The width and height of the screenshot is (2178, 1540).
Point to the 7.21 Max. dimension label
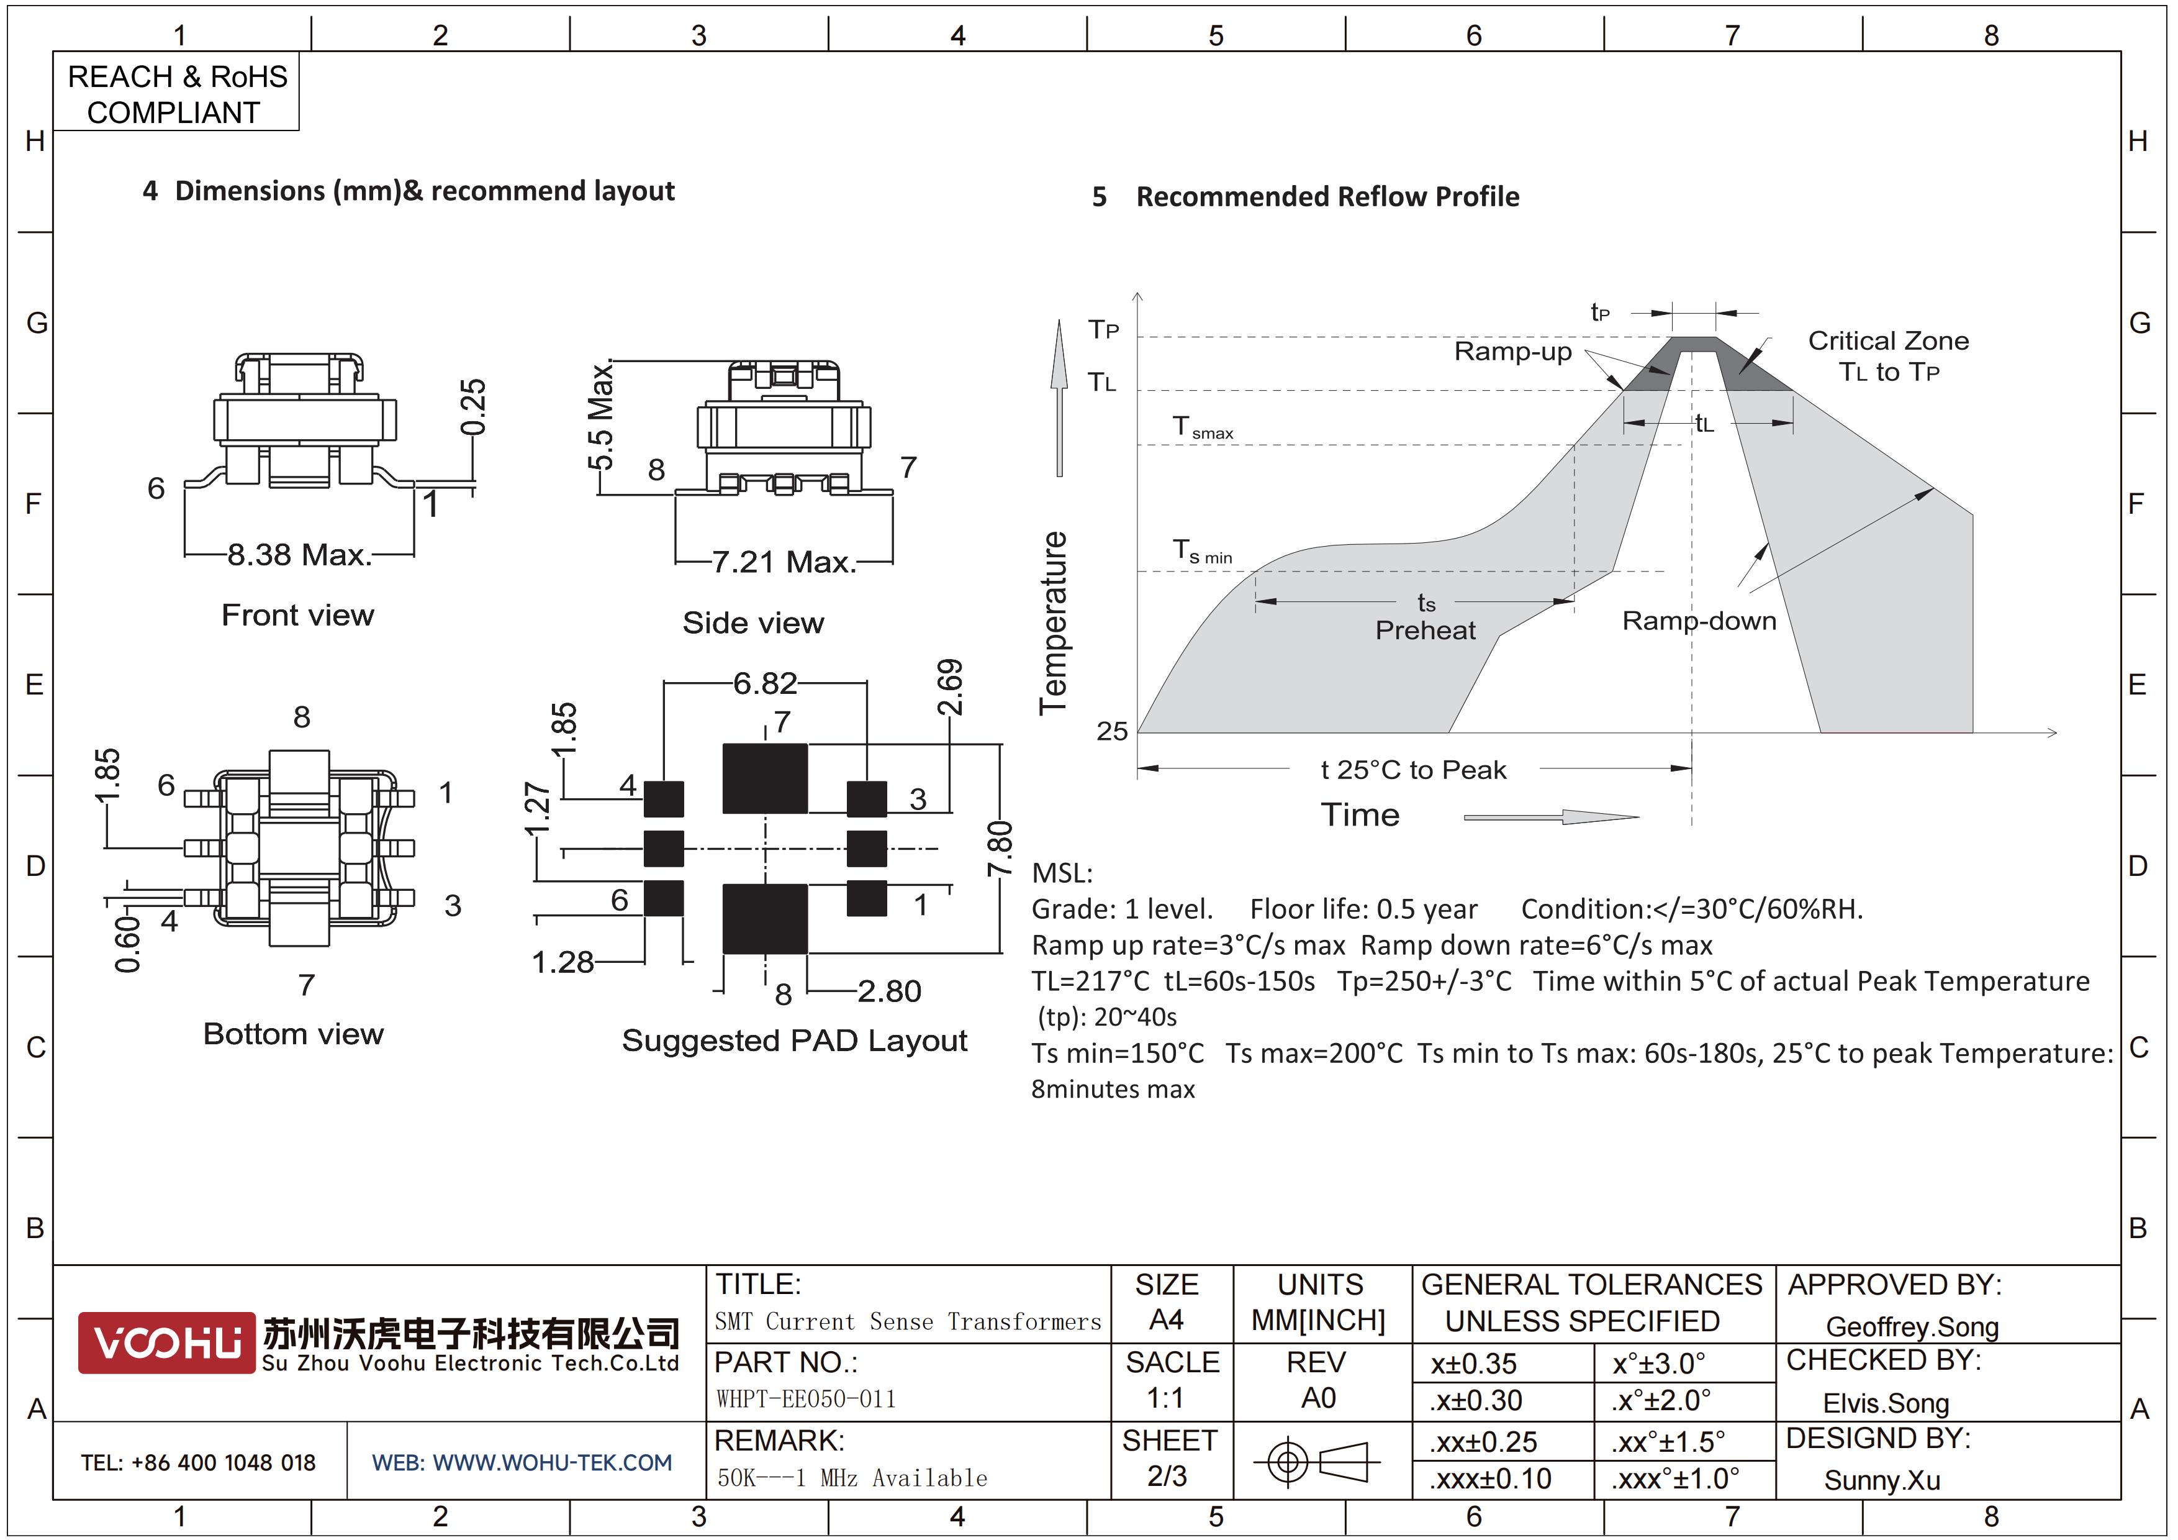tap(784, 562)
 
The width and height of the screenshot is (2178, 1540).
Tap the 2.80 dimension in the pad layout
tap(890, 991)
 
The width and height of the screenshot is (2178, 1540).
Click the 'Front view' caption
tap(298, 615)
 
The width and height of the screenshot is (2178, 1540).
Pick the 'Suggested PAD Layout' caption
tap(795, 1041)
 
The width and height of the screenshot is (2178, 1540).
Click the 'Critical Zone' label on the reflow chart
tap(1887, 340)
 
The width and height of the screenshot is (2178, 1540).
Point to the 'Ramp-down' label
tap(1699, 621)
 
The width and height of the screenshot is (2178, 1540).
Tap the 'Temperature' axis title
tap(1053, 624)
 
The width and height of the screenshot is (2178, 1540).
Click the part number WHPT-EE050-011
tap(807, 1398)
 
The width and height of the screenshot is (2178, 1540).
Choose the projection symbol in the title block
tap(1317, 1461)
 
